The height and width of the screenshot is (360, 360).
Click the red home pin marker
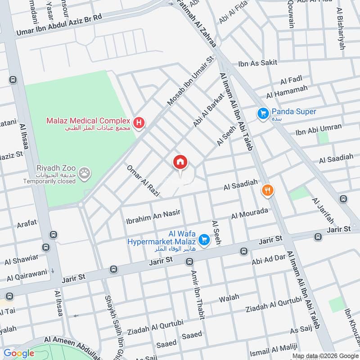tap(180, 162)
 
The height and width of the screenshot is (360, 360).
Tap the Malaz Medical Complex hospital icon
tap(139, 122)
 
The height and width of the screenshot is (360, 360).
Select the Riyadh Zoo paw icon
tap(84, 172)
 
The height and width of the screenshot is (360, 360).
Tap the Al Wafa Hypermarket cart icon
tap(204, 240)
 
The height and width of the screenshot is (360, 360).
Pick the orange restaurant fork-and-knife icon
tap(268, 190)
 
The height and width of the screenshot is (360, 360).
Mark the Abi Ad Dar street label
tap(269, 258)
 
